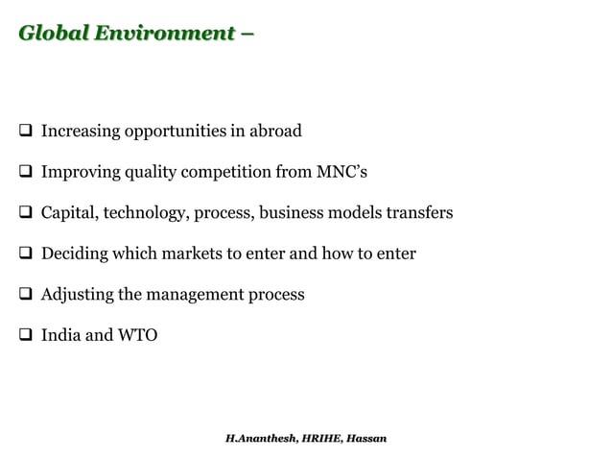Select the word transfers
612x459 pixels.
418,212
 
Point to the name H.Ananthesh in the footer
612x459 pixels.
259,438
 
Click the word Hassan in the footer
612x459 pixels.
366,438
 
